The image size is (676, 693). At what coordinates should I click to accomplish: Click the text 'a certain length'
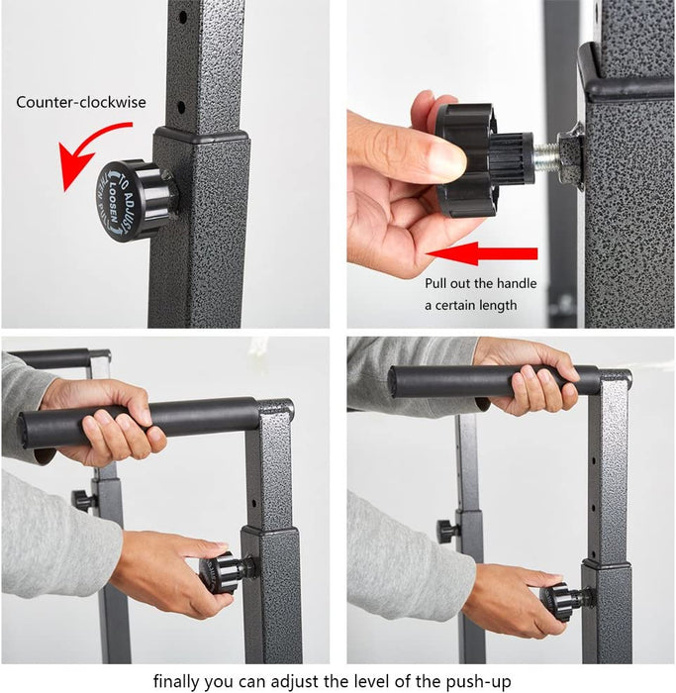click(x=470, y=305)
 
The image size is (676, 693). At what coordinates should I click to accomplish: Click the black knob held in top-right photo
click(x=482, y=158)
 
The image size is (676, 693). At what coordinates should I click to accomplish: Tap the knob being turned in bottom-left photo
click(x=222, y=572)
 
